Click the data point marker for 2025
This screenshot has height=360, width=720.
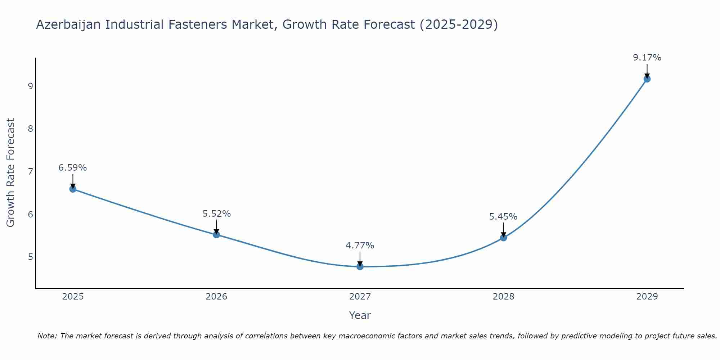pyautogui.click(x=73, y=189)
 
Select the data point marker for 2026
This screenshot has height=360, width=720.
pyautogui.click(x=216, y=235)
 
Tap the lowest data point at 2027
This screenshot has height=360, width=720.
pyautogui.click(x=360, y=267)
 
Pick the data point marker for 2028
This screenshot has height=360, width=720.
pyautogui.click(x=504, y=238)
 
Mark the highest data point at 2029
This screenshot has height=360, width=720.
pyautogui.click(x=647, y=79)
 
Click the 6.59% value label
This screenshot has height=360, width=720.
pyautogui.click(x=73, y=168)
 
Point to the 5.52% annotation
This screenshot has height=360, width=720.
pyautogui.click(x=216, y=214)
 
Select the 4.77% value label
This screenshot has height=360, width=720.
pyautogui.click(x=360, y=246)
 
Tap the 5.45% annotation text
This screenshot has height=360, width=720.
pyautogui.click(x=503, y=217)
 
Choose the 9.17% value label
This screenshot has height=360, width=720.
pyautogui.click(x=647, y=58)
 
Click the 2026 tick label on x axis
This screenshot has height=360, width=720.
pyautogui.click(x=216, y=297)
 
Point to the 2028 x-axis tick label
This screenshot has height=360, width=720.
pyautogui.click(x=504, y=297)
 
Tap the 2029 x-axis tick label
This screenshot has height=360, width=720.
pyautogui.click(x=647, y=297)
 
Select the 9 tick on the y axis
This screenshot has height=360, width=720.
pyautogui.click(x=30, y=86)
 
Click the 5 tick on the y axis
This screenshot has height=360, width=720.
pyautogui.click(x=30, y=257)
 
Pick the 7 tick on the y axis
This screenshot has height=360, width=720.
pyautogui.click(x=30, y=171)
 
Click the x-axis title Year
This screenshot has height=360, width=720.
pyautogui.click(x=360, y=315)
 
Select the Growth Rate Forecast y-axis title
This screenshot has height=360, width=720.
pyautogui.click(x=11, y=173)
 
